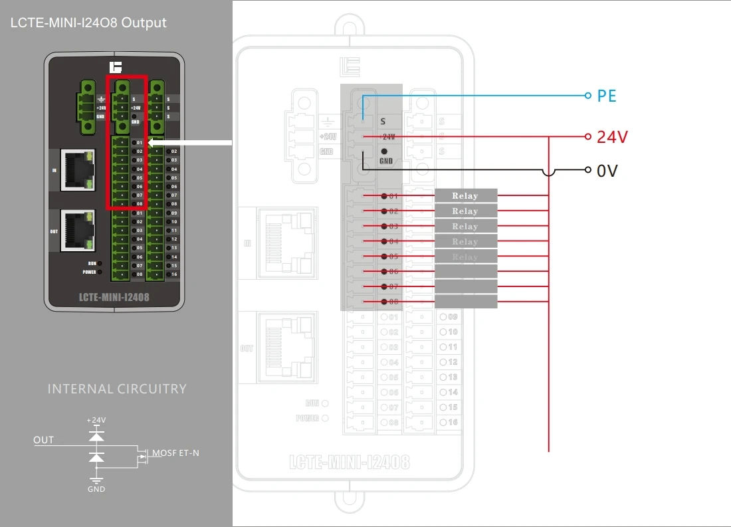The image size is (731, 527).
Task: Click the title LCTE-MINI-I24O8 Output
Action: click(x=88, y=23)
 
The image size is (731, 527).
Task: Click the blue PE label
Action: click(x=607, y=96)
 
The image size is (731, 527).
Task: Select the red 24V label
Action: click(x=612, y=137)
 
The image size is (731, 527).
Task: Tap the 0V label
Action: click(x=607, y=171)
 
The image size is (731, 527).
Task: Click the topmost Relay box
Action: click(x=466, y=195)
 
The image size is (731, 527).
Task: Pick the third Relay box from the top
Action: click(x=466, y=227)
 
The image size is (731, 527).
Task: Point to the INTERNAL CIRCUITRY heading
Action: click(x=117, y=389)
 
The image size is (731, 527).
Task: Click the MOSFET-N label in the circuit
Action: click(x=175, y=453)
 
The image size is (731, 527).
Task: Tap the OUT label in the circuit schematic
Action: click(x=44, y=440)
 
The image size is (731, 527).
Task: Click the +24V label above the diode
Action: click(x=96, y=420)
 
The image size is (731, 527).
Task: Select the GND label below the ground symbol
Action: click(x=96, y=489)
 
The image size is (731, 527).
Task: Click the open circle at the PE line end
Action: click(x=587, y=96)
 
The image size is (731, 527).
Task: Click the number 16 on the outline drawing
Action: click(x=453, y=422)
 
